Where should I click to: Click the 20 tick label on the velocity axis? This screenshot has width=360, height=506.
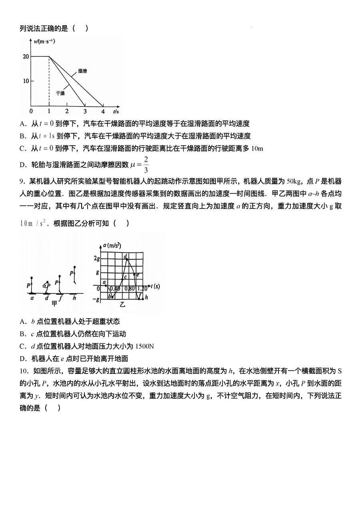pyautogui.click(x=26, y=56)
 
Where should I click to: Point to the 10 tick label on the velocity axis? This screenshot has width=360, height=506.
pyautogui.click(x=26, y=81)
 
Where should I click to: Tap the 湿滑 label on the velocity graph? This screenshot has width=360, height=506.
pyautogui.click(x=83, y=71)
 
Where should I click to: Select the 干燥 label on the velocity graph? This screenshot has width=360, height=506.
pyautogui.click(x=60, y=93)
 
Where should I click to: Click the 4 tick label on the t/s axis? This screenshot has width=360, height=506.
pyautogui.click(x=103, y=111)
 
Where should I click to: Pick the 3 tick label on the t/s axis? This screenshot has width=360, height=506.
pyautogui.click(x=84, y=111)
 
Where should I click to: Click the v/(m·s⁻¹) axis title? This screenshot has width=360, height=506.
pyautogui.click(x=45, y=42)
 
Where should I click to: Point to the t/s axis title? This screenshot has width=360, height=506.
pyautogui.click(x=116, y=111)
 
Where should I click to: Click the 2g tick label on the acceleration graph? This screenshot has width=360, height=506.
pyautogui.click(x=96, y=259)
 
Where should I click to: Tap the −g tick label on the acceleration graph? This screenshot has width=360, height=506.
pyautogui.click(x=96, y=299)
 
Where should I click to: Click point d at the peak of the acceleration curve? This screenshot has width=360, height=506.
pyautogui.click(x=126, y=257)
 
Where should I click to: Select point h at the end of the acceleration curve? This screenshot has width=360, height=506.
pyautogui.click(x=146, y=297)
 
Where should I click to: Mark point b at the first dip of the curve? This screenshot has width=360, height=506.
pyautogui.click(x=109, y=296)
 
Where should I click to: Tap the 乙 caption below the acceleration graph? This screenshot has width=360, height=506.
pyautogui.click(x=123, y=305)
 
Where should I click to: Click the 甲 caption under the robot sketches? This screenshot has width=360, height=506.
pyautogui.click(x=55, y=304)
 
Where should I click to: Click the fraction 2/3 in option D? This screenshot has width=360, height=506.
pyautogui.click(x=146, y=164)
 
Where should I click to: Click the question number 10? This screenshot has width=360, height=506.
pyautogui.click(x=24, y=371)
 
